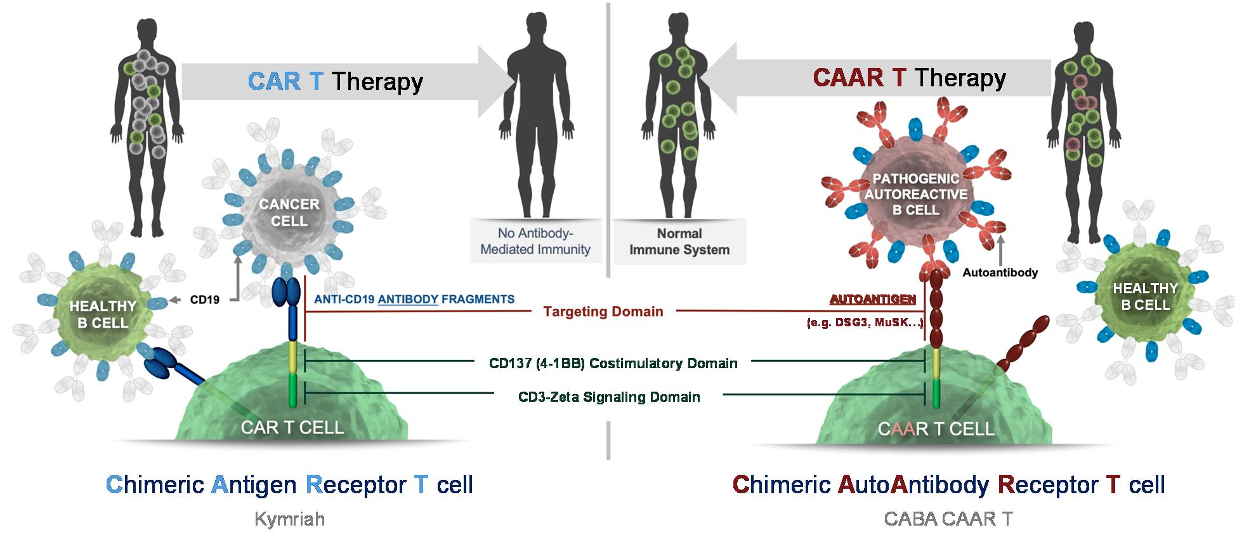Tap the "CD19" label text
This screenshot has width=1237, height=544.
coord(204,299)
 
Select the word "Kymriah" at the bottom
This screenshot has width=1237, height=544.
coord(289,519)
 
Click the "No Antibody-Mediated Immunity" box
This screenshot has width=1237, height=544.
coord(535,241)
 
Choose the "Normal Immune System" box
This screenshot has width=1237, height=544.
coord(679,241)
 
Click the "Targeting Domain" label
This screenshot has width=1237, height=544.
coord(603,312)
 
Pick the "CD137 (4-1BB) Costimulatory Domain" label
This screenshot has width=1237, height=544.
coord(613,364)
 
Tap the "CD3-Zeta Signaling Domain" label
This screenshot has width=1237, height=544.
coord(609,397)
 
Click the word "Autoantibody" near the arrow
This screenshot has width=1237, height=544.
coord(1000,272)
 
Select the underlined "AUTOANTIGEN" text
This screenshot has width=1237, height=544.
coord(872,299)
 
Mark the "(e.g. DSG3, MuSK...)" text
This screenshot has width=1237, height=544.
coord(864,323)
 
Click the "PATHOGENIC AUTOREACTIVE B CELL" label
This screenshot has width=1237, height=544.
coord(915,194)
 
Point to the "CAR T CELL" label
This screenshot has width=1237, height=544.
coord(292,427)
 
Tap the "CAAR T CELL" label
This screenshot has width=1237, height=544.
coord(936,429)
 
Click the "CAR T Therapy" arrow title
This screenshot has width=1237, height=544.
coord(335,82)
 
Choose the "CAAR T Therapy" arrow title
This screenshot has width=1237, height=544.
coord(909,77)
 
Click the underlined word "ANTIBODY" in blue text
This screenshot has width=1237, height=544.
coord(408,299)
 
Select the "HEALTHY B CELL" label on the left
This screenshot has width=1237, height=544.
coord(103,314)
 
